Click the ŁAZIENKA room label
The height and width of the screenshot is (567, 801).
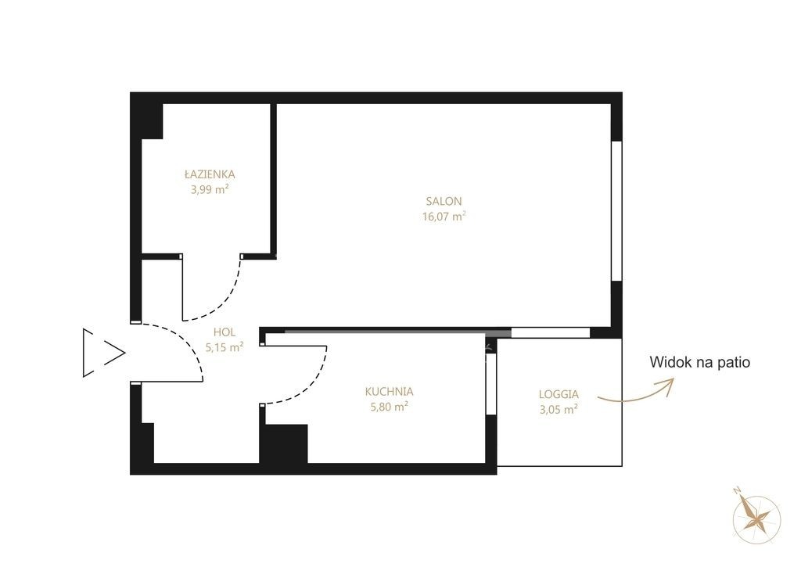[x=210, y=174]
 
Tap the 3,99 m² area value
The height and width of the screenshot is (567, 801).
[x=210, y=190]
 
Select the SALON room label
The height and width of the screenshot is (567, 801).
[x=444, y=201]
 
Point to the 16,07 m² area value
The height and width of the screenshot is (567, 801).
[x=444, y=216]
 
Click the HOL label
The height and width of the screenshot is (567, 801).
[x=224, y=332]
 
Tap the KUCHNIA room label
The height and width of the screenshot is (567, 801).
[x=390, y=392]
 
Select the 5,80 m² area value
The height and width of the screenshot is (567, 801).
[x=390, y=407]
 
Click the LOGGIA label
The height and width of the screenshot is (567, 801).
[x=559, y=394]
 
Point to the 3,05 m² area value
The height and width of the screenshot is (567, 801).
[x=559, y=409]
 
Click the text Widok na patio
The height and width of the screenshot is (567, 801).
[x=700, y=363]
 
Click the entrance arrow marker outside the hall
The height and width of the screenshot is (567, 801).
[x=104, y=353]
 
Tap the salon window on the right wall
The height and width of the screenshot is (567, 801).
[x=616, y=210]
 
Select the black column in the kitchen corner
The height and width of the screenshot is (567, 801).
[x=283, y=443]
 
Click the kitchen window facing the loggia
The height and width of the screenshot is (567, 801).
[x=491, y=384]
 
